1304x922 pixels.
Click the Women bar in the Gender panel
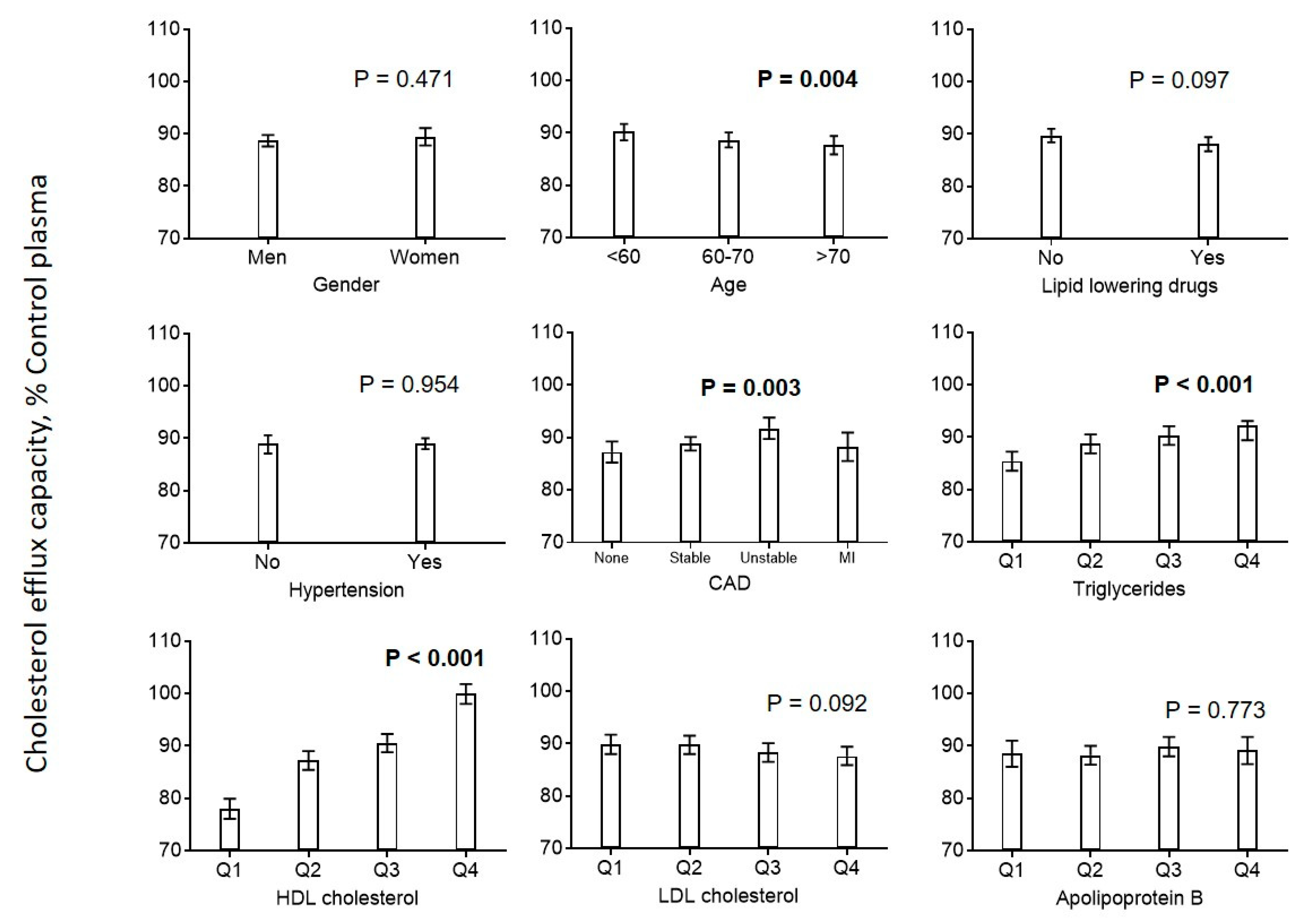(425, 187)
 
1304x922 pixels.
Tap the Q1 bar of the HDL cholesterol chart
(229, 829)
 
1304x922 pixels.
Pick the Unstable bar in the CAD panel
(769, 485)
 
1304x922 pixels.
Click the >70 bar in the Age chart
(834, 191)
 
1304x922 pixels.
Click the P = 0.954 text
(409, 385)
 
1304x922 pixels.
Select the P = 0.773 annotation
(1215, 709)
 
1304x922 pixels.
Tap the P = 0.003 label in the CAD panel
(750, 387)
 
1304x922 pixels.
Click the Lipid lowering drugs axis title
(1129, 286)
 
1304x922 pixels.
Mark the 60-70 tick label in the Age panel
(727, 257)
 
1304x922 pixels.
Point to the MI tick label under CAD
(847, 558)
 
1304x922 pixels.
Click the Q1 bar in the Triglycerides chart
(1012, 501)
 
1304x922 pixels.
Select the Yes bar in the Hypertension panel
(425, 493)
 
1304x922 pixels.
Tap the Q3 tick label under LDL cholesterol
(767, 868)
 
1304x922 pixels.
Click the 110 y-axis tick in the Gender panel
(164, 28)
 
